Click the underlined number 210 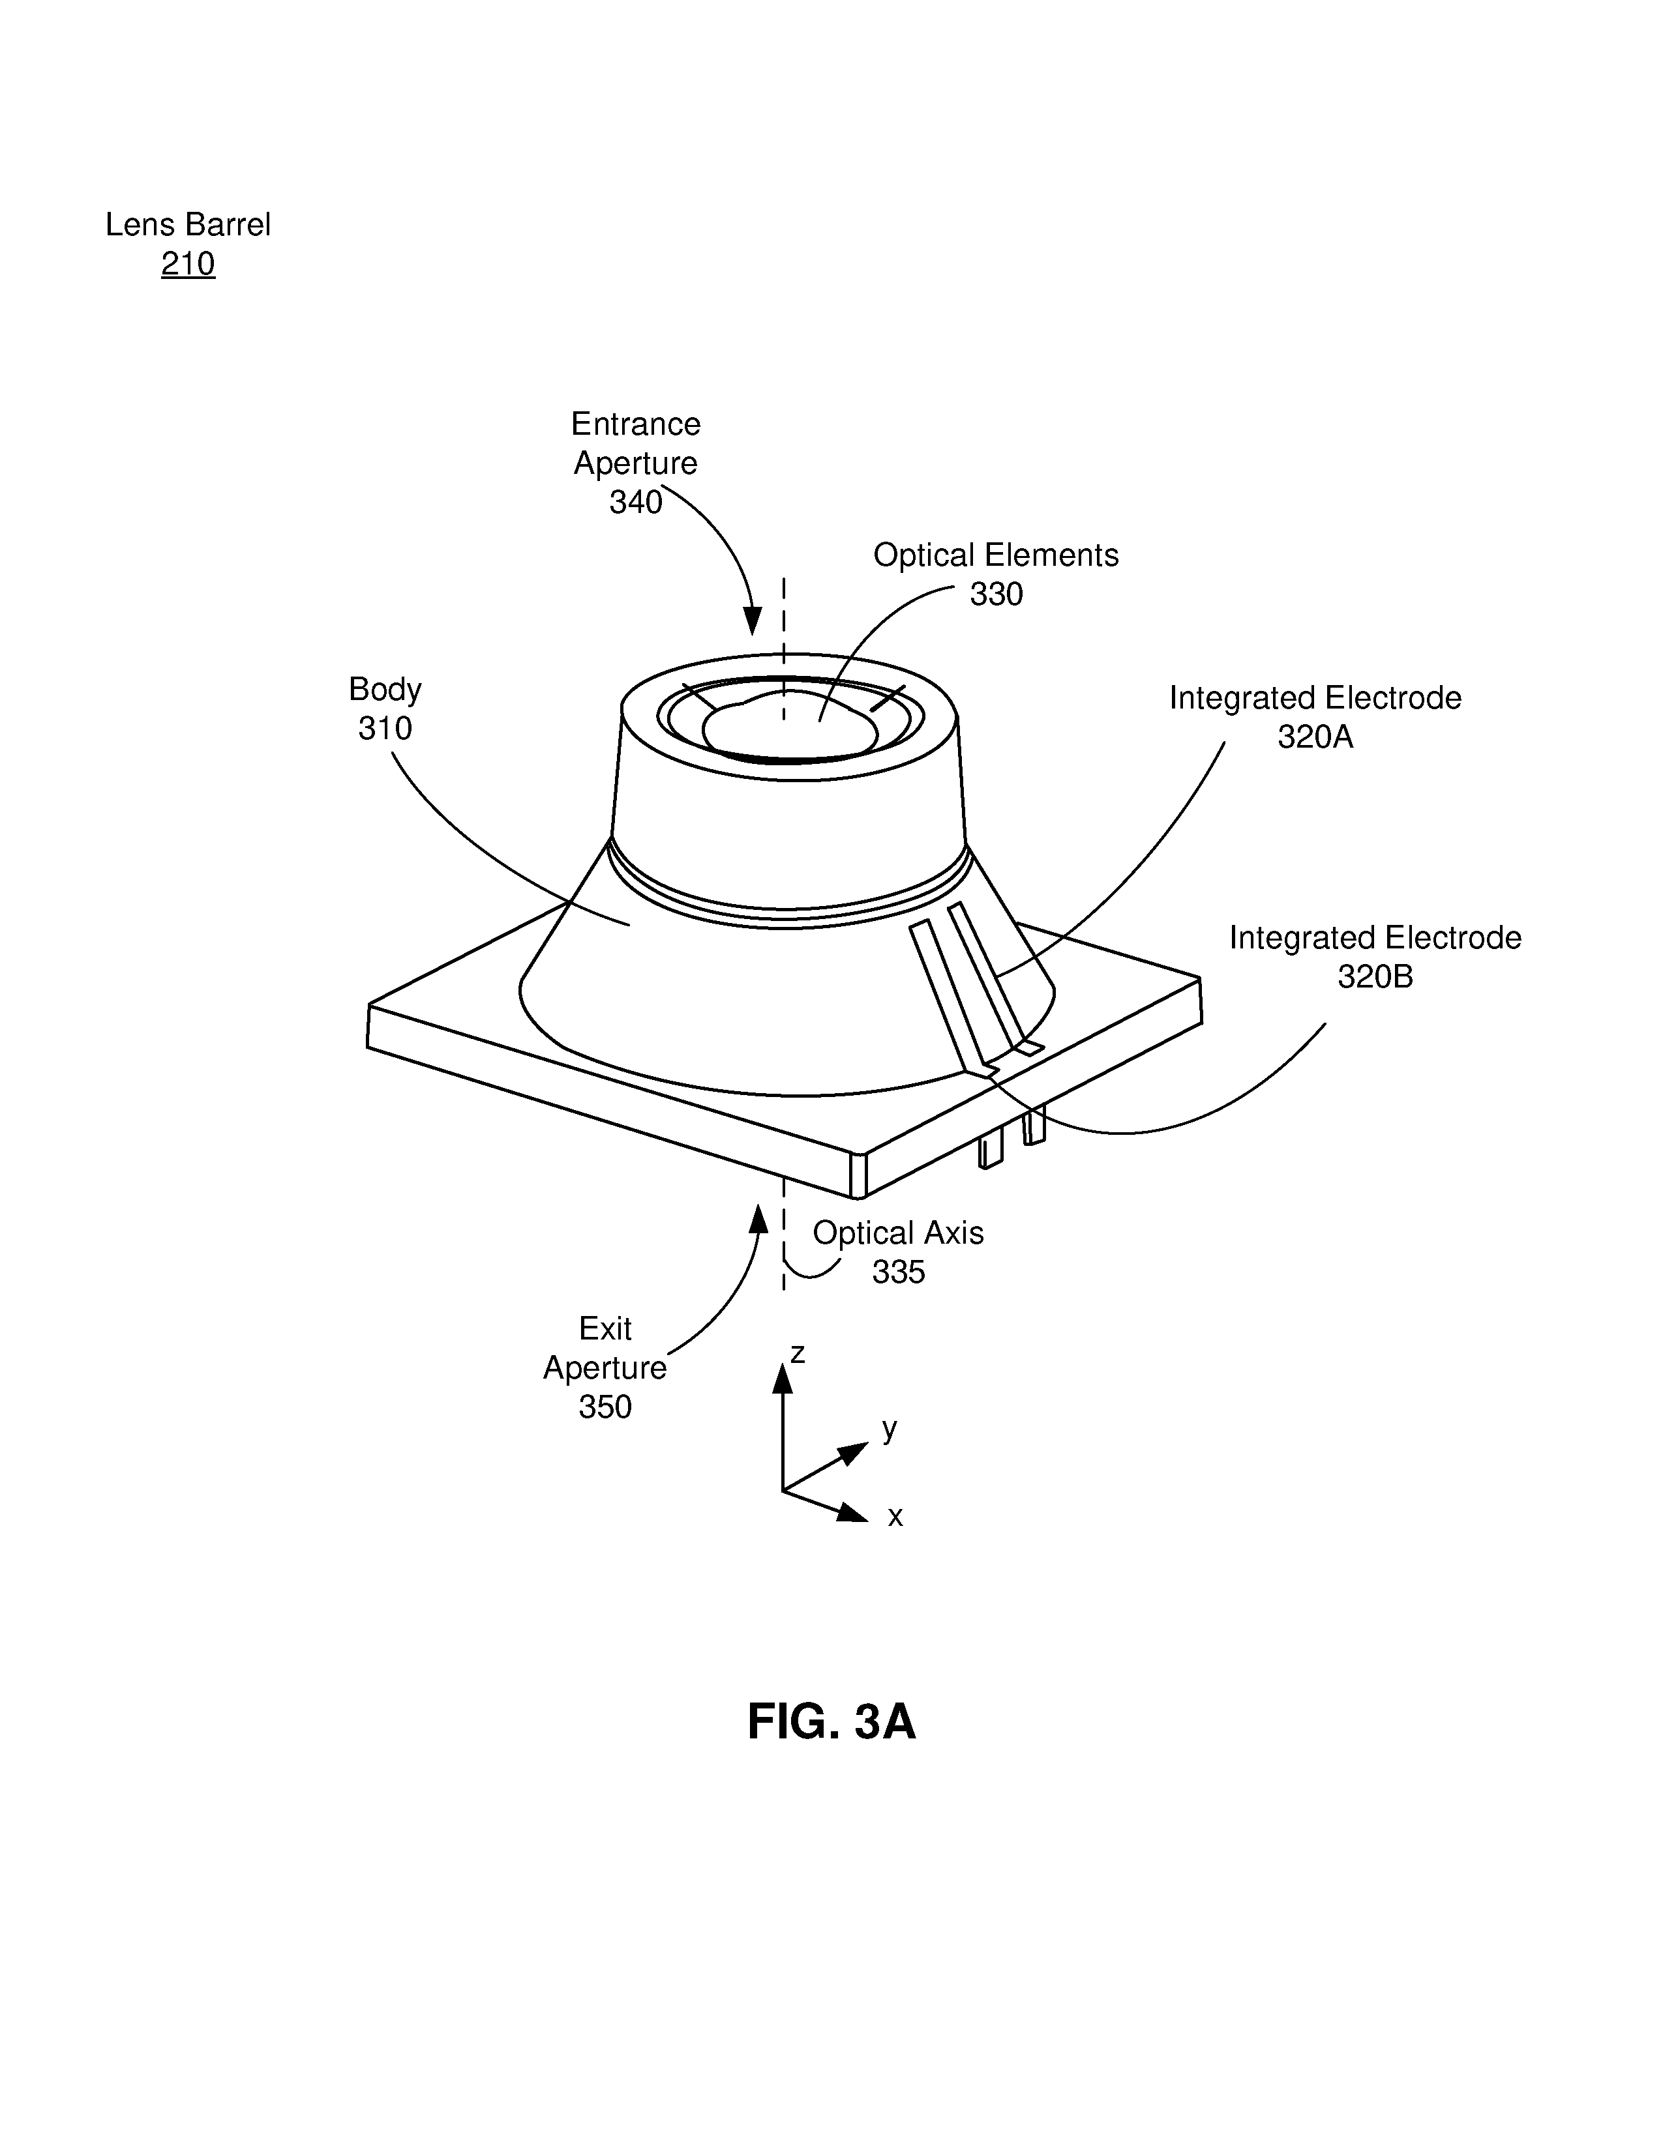(x=188, y=264)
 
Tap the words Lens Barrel (x=188, y=225)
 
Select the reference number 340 (x=635, y=503)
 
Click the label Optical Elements (x=996, y=555)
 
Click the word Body (x=385, y=690)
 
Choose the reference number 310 (x=385, y=729)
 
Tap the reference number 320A (x=1315, y=737)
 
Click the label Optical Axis (x=899, y=1233)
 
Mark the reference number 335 (x=899, y=1272)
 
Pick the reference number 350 (x=605, y=1407)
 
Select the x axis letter (x=895, y=1517)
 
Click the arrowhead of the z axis (x=782, y=1377)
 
